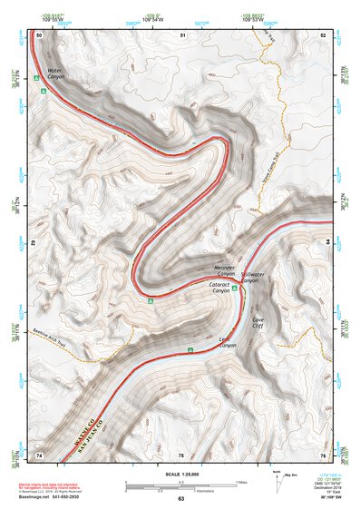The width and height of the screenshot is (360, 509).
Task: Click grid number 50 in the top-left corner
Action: pos(39,34)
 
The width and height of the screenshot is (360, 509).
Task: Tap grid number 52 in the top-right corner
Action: pos(323,34)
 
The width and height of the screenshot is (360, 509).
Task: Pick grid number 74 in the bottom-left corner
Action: pos(39,454)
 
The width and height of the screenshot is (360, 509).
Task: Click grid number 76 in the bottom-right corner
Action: pos(323,454)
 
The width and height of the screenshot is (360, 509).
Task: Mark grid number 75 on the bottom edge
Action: pos(181,454)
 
